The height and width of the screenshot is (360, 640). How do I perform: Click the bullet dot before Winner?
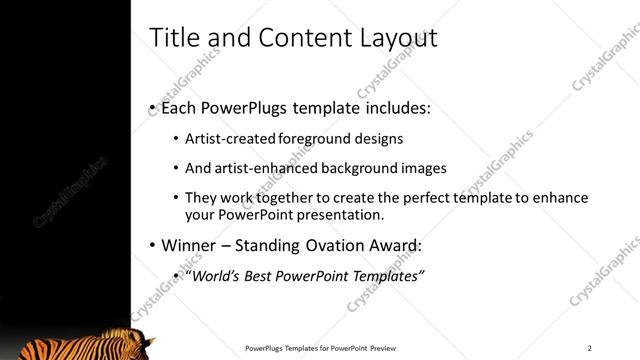[152, 245]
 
